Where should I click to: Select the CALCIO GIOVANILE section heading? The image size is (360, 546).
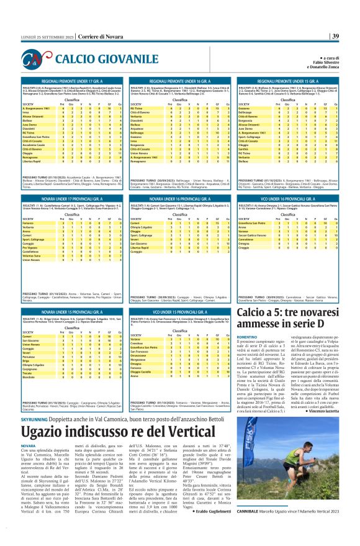click(97, 59)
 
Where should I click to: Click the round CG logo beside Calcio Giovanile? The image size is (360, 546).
click(38, 60)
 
